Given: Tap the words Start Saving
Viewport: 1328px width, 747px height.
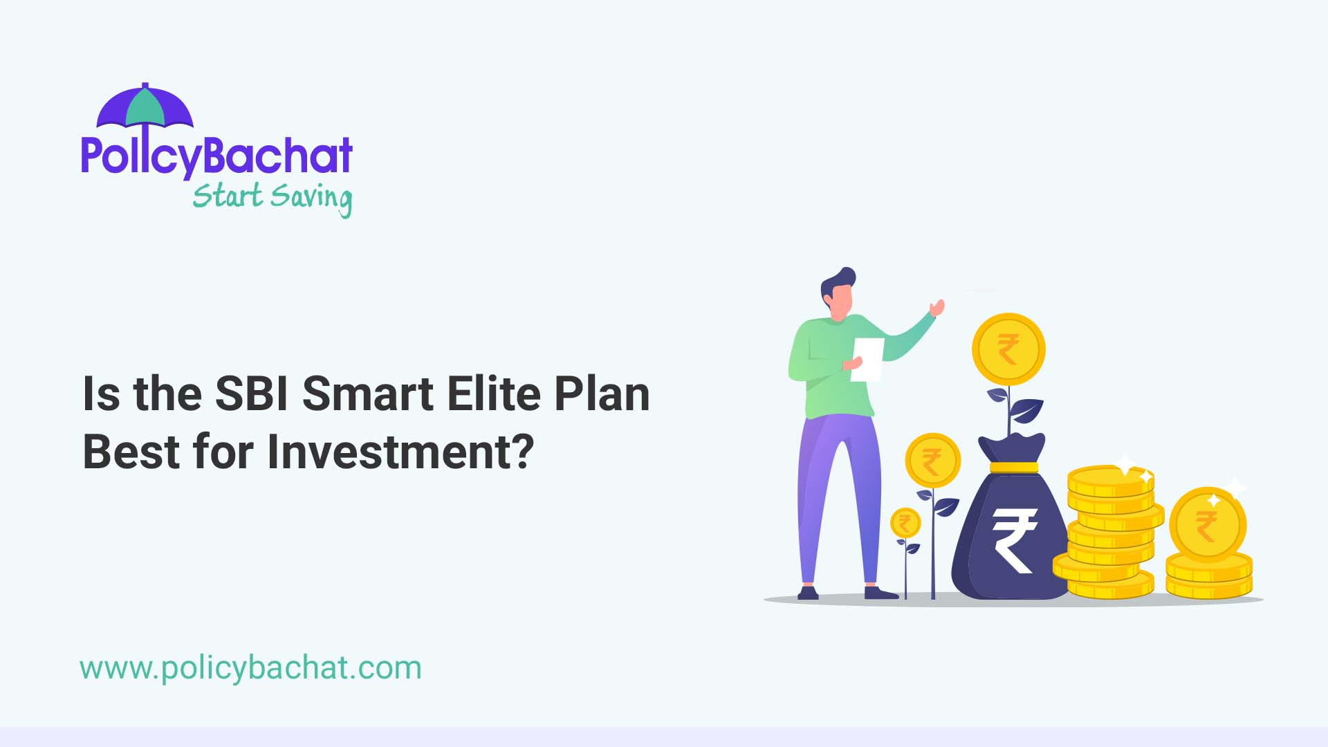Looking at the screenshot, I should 272,197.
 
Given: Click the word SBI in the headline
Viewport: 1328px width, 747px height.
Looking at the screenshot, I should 251,394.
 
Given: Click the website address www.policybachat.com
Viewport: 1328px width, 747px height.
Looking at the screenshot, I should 250,668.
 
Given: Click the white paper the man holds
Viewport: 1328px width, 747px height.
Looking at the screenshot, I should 868,358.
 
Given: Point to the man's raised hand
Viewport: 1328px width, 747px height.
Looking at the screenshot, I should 937,307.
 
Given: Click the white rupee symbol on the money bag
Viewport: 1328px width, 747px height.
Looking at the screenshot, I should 1014,539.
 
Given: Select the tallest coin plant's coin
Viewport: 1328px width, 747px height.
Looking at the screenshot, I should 1008,349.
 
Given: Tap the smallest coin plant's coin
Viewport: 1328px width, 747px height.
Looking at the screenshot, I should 905,523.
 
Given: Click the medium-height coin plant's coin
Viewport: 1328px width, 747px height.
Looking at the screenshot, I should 932,461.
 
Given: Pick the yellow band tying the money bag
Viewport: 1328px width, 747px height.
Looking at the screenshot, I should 1013,467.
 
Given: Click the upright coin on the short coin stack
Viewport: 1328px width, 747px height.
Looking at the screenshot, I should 1207,524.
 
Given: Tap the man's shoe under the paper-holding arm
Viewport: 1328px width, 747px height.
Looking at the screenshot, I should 808,593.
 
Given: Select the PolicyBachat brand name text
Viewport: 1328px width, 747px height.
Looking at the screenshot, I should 216,156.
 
